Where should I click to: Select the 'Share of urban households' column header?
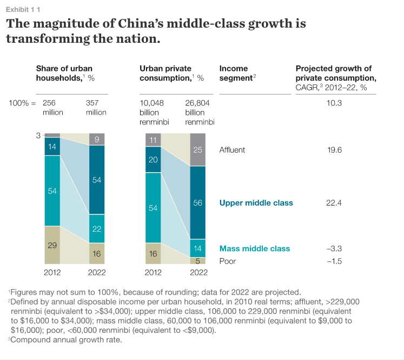pyautogui.click(x=64, y=73)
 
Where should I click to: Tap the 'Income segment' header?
pyautogui.click(x=237, y=73)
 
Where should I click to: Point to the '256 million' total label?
pyautogui.click(x=53, y=107)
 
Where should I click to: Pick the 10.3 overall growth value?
pyautogui.click(x=334, y=103)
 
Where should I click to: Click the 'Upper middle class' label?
pyautogui.click(x=256, y=203)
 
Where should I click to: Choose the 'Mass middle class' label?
pyautogui.click(x=254, y=248)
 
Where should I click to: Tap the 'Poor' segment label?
pyautogui.click(x=228, y=261)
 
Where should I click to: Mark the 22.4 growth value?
pyautogui.click(x=334, y=203)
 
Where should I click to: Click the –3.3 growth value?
pyautogui.click(x=334, y=248)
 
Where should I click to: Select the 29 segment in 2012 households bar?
pyautogui.click(x=52, y=245)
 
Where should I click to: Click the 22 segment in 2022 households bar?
pyautogui.click(x=97, y=229)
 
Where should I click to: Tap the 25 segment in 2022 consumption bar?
pyautogui.click(x=198, y=150)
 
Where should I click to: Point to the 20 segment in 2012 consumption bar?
pyautogui.click(x=153, y=160)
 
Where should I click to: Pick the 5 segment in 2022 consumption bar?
pyautogui.click(x=198, y=260)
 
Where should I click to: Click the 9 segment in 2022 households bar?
pyautogui.click(x=97, y=139)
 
